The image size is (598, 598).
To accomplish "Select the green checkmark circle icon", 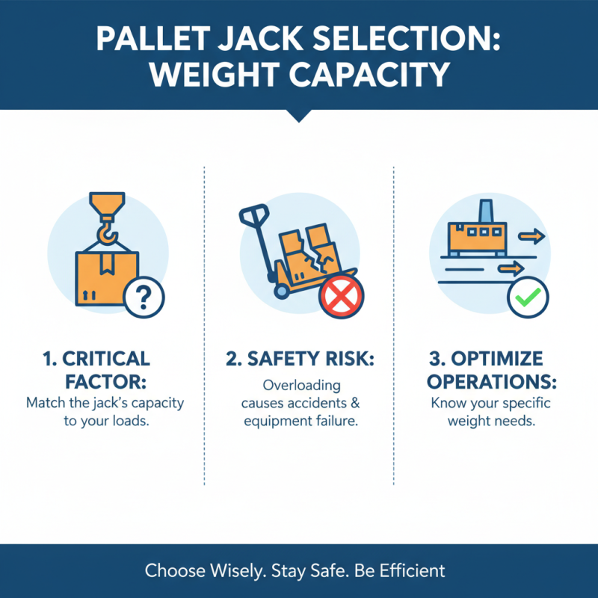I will (x=527, y=298).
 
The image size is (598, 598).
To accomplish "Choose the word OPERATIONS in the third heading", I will (x=493, y=381).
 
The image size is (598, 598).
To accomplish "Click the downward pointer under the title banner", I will (x=299, y=115).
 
